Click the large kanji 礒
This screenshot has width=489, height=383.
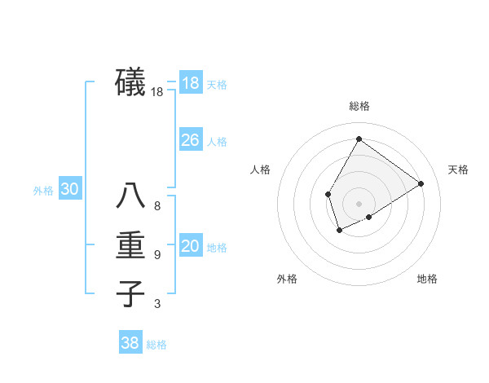point(130,82)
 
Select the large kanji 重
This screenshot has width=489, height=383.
point(130,245)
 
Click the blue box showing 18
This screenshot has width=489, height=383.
point(190,83)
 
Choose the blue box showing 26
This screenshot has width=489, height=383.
point(190,140)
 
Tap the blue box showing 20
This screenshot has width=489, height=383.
point(190,246)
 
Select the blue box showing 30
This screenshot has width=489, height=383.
point(69,189)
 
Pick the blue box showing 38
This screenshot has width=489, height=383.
point(130,343)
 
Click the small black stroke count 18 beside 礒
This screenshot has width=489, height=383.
point(157,93)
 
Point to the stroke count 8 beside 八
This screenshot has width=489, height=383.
point(157,206)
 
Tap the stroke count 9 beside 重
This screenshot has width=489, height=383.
point(157,255)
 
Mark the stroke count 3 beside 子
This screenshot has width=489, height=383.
point(157,304)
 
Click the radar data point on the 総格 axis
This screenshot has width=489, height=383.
point(359,139)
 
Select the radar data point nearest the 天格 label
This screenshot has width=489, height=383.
point(421,183)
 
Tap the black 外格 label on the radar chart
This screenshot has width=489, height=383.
point(287,280)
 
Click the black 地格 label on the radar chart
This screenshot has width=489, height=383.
point(427,280)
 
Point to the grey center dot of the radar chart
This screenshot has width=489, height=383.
point(359,203)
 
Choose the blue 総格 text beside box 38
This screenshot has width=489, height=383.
point(156,345)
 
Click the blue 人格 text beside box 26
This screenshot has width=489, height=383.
point(217,142)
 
